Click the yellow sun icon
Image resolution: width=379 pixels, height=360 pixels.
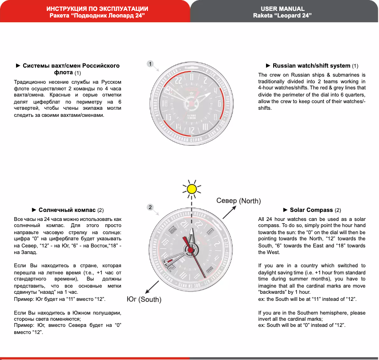coord(191,189)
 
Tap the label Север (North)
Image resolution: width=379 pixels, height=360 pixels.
coord(239,201)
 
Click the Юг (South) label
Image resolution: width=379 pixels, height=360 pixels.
coord(144,299)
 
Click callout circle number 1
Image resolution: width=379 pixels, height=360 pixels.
coord(149,63)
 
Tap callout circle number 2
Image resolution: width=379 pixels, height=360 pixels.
coord(149,207)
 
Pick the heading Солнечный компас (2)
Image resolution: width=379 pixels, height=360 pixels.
coord(68,210)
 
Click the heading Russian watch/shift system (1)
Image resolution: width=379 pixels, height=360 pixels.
coord(312,66)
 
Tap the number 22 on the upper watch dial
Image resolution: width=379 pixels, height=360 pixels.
coord(178,81)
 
